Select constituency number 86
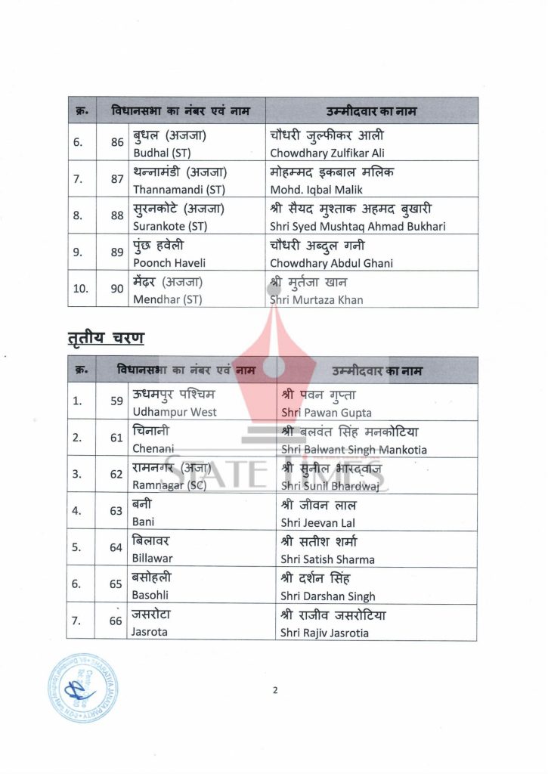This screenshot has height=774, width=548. pos(117,142)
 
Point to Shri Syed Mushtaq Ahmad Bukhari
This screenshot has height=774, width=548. pos(358,226)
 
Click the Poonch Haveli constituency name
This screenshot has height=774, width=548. pos(169,262)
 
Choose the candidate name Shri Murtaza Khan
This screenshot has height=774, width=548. pos(317,299)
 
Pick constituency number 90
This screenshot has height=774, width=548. pos(117,289)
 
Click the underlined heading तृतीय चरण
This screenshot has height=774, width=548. pos(105,337)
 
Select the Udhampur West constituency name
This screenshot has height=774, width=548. pos(175,412)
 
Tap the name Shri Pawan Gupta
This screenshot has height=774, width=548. pos(326,413)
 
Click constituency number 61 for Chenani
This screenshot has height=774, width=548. pos(116,438)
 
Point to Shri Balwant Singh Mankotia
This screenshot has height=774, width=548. pos(354,449)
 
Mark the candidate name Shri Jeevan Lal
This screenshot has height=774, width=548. pos(317,522)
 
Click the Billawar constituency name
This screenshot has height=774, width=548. pos(153,559)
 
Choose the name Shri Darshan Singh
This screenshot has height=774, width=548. pos(327,596)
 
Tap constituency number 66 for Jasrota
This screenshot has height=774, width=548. pos(116,621)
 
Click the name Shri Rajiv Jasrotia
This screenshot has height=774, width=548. pos(324,633)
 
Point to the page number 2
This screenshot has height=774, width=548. pos(275,689)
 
